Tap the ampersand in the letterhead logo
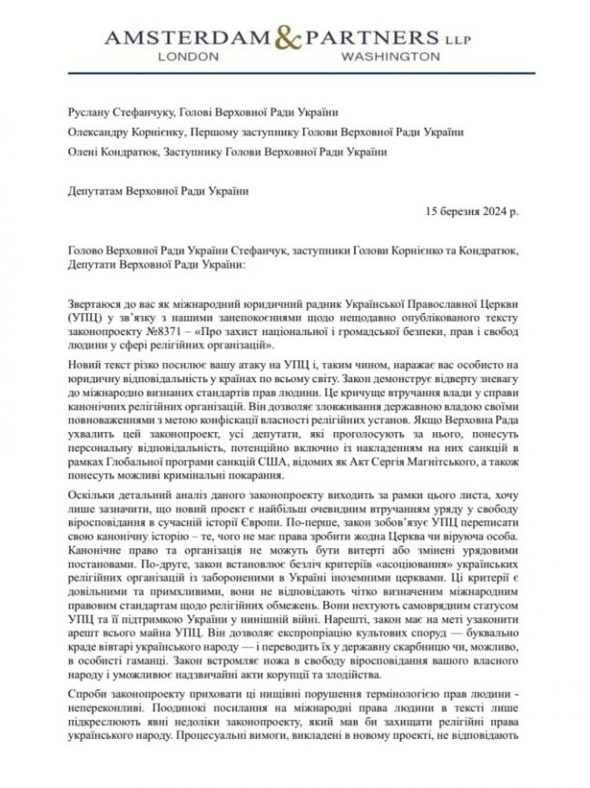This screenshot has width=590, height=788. (x=297, y=38)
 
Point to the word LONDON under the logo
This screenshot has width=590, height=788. (x=189, y=55)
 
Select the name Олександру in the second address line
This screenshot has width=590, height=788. (x=102, y=133)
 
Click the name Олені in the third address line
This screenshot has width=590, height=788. (x=84, y=153)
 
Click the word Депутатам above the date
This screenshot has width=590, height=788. (x=99, y=192)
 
